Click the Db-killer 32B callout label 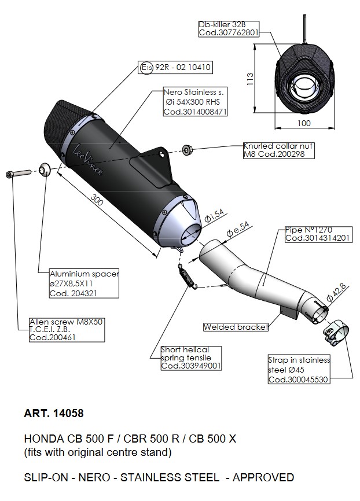point(227,29)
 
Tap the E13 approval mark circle point(146,68)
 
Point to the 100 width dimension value point(303,123)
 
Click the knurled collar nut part point(187,150)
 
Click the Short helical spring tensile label point(190,358)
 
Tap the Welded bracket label point(236,327)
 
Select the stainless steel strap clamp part point(333,332)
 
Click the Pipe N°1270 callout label point(318,234)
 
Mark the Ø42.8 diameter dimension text point(337,292)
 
